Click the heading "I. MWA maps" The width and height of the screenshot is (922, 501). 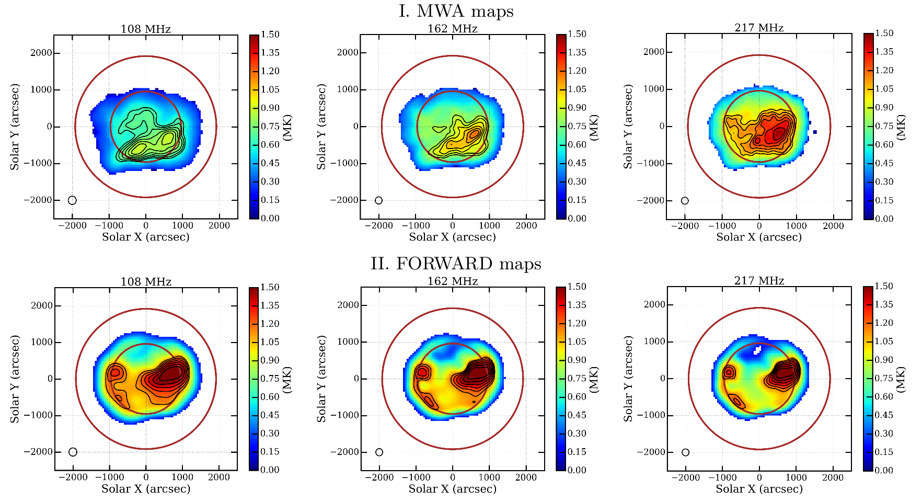[456, 12]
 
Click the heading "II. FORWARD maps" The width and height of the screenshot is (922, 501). [456, 264]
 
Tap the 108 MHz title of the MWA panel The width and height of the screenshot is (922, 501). [146, 29]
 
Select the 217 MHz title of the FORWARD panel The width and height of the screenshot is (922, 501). [759, 281]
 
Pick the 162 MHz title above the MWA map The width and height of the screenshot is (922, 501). [452, 29]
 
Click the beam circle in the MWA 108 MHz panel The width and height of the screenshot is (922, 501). [72, 200]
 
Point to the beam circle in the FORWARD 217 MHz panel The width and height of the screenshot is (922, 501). [685, 452]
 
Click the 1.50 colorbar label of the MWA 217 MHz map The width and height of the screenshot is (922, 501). [884, 33]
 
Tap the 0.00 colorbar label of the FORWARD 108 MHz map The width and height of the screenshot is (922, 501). [270, 470]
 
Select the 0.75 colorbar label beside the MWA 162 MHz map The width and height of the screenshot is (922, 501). [577, 126]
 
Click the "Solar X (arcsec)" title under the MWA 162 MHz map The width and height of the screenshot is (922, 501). [452, 237]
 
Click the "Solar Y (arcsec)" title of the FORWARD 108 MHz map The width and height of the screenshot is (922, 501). [15, 379]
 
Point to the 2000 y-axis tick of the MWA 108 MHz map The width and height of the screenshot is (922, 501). [41, 53]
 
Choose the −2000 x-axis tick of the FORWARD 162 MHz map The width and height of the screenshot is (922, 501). [382, 477]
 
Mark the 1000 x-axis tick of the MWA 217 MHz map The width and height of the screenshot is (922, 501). [796, 226]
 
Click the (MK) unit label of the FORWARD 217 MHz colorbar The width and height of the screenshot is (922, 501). [901, 379]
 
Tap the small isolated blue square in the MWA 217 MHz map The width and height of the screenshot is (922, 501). [814, 132]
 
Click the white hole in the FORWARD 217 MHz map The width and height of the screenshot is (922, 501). [756, 350]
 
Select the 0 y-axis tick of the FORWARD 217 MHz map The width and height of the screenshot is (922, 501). [662, 378]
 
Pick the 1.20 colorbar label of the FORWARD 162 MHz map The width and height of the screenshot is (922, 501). [577, 323]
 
